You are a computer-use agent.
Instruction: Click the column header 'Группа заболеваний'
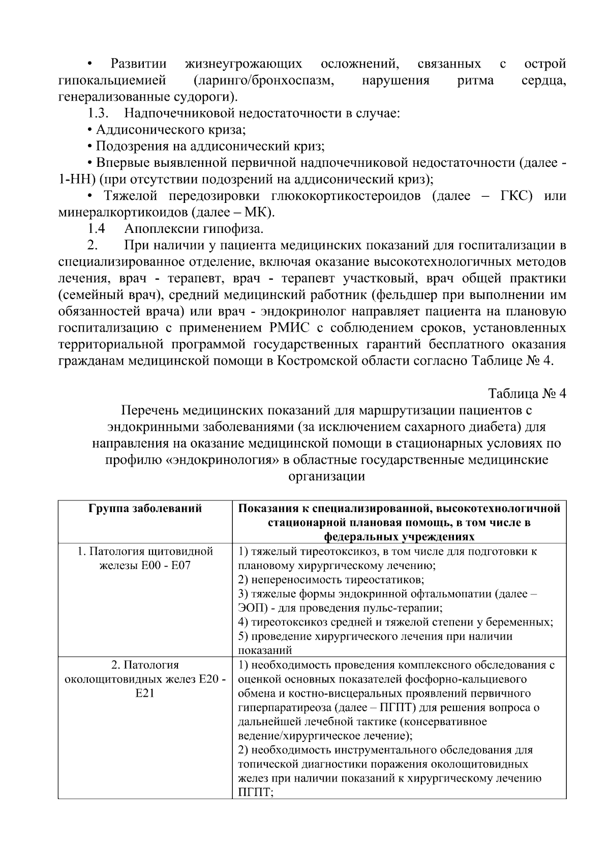pos(145,509)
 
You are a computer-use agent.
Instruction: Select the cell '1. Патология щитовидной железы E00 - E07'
pos(145,558)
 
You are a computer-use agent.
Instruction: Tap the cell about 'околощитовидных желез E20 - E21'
pos(145,679)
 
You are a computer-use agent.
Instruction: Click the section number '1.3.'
pos(96,113)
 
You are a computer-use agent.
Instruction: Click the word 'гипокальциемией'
pos(113,80)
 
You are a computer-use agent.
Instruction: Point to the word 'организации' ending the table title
pos(326,477)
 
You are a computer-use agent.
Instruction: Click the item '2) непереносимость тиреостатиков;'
pos(331,580)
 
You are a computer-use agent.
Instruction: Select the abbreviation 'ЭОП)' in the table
pos(251,608)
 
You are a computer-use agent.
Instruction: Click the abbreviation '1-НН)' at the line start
pos(76,180)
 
